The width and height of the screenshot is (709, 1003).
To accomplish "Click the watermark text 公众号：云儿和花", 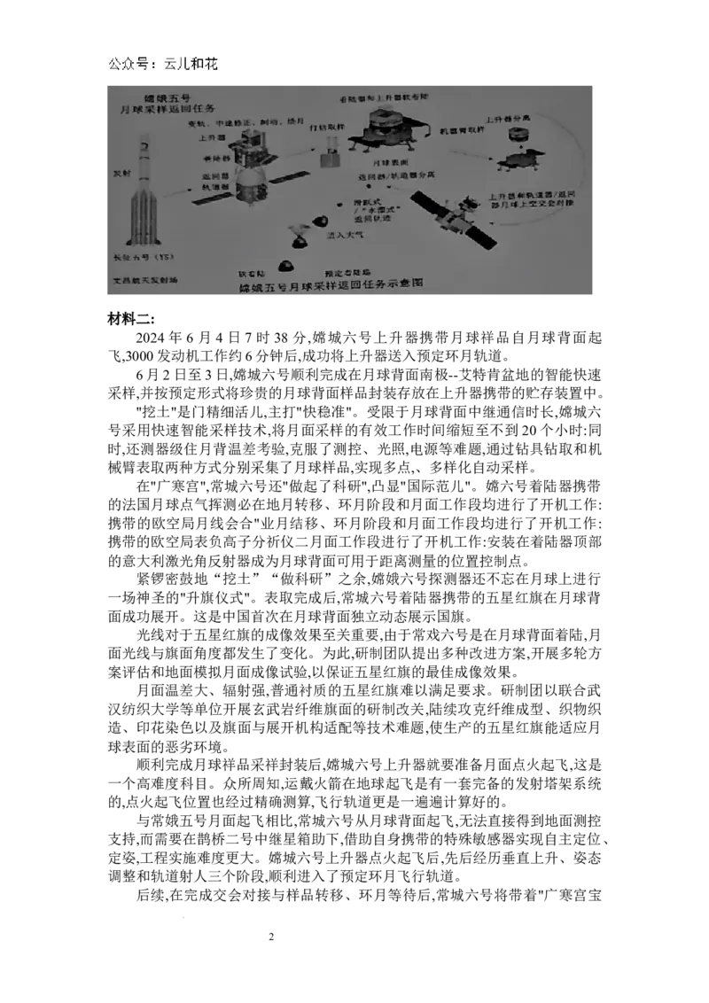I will tap(166, 66).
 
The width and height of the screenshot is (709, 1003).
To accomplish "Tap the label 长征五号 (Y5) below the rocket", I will tap(147, 258).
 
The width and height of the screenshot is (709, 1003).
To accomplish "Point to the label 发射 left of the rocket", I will tap(121, 174).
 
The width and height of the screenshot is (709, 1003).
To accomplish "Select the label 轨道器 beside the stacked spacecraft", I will tap(212, 188).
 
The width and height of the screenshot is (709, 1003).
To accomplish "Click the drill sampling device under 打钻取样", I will tap(329, 152).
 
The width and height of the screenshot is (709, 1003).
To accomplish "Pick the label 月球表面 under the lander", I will tap(387, 164).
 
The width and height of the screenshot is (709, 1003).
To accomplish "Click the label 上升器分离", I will tap(508, 118).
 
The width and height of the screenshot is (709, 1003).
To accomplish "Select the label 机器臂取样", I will tap(462, 130).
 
